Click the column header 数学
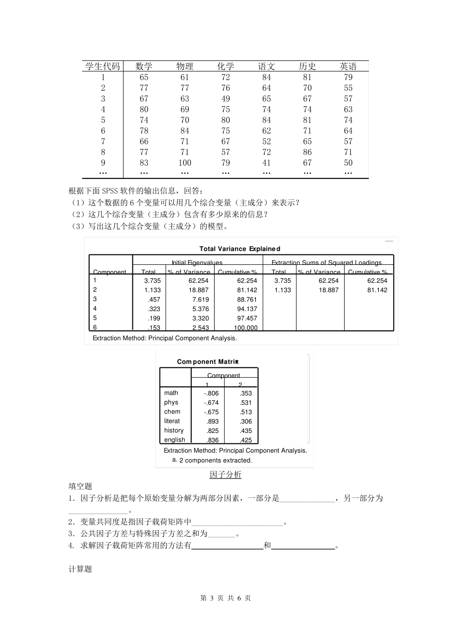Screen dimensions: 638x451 (144, 66)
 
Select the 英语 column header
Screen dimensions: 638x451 (348, 66)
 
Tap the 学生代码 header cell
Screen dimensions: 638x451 (103, 66)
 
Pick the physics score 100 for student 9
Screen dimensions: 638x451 (185, 163)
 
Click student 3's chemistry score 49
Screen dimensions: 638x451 (225, 99)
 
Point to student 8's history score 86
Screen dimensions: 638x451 (307, 152)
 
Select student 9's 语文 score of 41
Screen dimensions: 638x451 (266, 163)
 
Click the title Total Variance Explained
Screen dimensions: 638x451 (240, 249)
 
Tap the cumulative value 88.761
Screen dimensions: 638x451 (247, 300)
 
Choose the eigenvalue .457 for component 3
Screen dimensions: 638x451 (154, 300)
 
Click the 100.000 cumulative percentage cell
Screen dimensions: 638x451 (245, 328)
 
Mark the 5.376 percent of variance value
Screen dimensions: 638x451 (200, 309)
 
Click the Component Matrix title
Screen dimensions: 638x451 (207, 362)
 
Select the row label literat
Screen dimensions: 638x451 (172, 421)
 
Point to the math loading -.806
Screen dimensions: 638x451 (211, 393)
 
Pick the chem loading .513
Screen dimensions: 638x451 (245, 412)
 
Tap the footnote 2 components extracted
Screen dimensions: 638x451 (215, 460)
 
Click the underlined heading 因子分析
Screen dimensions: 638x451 (225, 475)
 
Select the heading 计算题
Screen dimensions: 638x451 (80, 569)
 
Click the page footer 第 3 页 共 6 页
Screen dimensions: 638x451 (225, 598)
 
